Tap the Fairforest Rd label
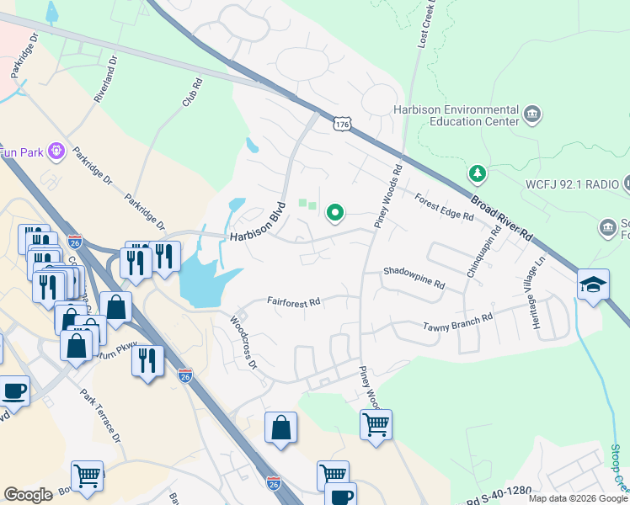[294, 301]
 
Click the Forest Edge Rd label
[444, 207]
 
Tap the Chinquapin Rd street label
[483, 250]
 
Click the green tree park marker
[478, 174]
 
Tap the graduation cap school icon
[593, 284]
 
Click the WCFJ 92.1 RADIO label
[559, 183]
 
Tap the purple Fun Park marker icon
[56, 151]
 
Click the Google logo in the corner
[28, 495]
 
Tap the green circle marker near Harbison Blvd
[335, 214]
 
